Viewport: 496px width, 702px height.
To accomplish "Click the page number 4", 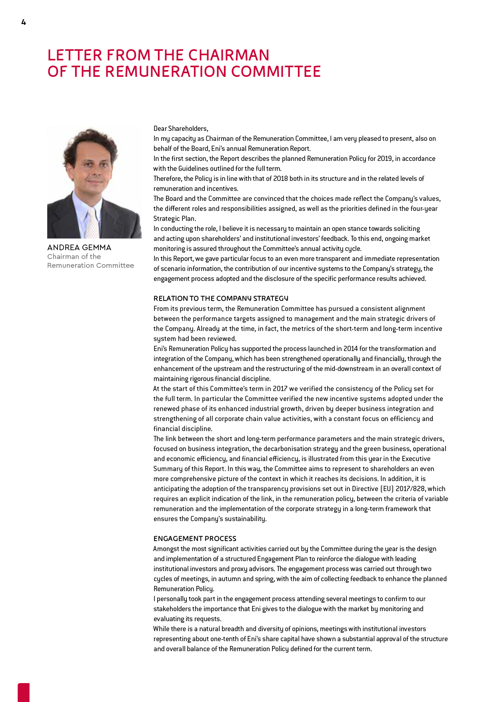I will pyautogui.click(x=24, y=22).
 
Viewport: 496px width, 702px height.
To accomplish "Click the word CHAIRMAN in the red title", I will pyautogui.click(x=229, y=55).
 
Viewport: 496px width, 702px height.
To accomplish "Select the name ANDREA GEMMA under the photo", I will pyautogui.click(x=79, y=248).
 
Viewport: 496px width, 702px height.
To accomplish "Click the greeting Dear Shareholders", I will pyautogui.click(x=181, y=128).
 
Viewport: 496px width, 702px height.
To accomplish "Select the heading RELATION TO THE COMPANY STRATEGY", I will pyautogui.click(x=221, y=299).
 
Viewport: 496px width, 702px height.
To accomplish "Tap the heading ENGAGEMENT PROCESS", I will pyautogui.click(x=195, y=539).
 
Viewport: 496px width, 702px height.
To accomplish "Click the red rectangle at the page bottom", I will pyautogui.click(x=24, y=692).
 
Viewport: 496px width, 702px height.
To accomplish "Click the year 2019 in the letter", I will pyautogui.click(x=384, y=158).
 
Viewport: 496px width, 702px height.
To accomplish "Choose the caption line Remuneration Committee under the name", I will pyautogui.click(x=90, y=265).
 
